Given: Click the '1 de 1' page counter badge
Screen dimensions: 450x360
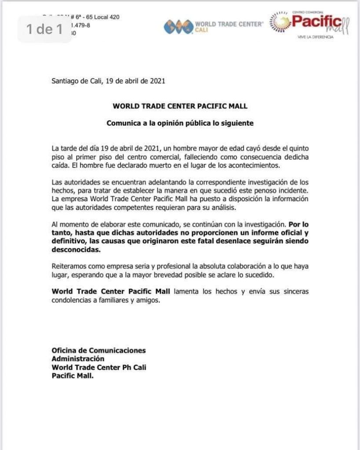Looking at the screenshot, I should click(44, 29).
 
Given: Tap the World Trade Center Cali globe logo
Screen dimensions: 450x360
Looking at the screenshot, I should click(178, 27).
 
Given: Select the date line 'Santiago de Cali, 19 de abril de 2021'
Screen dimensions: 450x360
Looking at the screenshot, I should click(108, 81).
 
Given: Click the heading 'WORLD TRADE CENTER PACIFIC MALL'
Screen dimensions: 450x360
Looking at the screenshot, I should click(180, 106).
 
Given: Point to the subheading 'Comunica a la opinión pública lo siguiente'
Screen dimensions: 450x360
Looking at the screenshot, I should click(180, 123).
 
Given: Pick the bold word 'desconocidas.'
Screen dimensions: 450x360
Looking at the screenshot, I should click(73, 250).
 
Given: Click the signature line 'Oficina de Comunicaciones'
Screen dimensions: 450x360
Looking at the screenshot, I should click(98, 351).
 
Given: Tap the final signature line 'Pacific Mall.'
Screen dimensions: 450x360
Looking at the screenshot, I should click(73, 376).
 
